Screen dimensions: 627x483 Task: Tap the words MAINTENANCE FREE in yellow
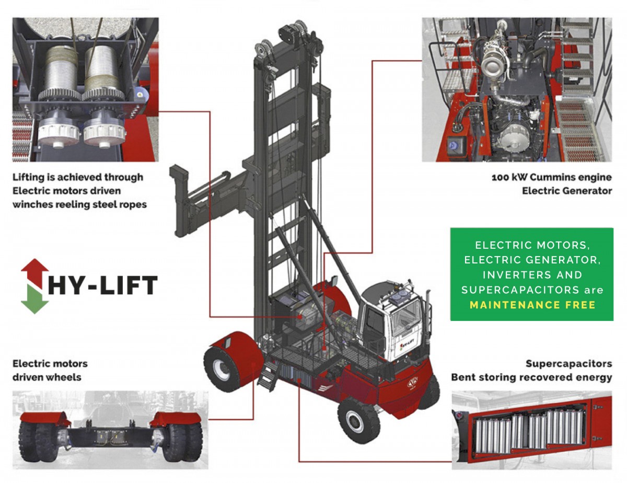532,305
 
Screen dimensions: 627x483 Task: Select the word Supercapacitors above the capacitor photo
568,364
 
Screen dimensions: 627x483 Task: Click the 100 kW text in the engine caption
509,177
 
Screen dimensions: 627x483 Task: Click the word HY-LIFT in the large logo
103,285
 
